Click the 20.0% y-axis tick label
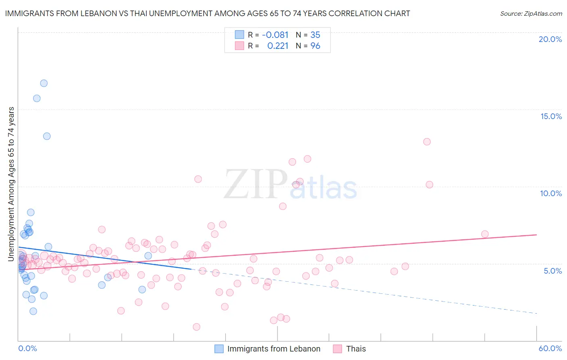550,39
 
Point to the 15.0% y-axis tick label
551,116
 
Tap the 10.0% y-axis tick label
551,193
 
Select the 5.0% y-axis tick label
552,271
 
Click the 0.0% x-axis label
27,348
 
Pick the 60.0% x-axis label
550,348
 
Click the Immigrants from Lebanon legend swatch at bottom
219,349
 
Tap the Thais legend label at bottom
356,349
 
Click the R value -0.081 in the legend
275,35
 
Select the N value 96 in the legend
315,46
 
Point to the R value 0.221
278,46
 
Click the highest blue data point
44,83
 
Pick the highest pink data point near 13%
427,142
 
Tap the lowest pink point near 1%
196,327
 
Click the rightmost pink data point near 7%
485,234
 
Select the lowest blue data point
33,311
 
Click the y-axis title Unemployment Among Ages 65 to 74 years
11,184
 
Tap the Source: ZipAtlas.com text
531,14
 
